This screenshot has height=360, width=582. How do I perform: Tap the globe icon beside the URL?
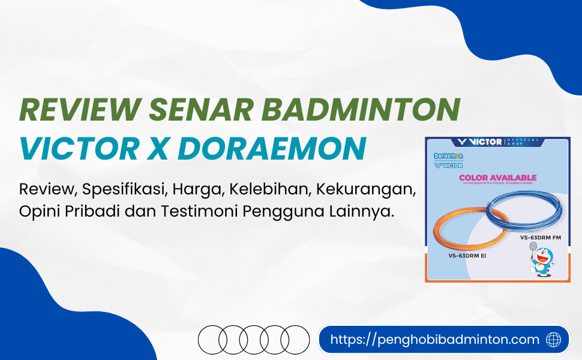[554, 340]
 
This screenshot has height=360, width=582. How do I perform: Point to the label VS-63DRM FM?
[540, 238]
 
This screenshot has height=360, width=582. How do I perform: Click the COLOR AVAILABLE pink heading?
[497, 178]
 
